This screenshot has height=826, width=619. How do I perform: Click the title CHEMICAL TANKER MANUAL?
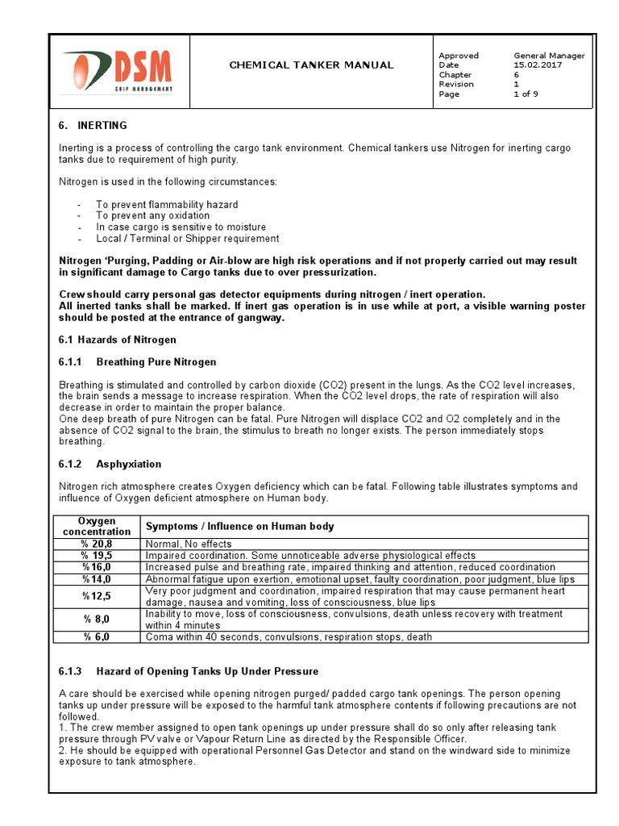(x=311, y=65)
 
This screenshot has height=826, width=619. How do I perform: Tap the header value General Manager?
(x=549, y=56)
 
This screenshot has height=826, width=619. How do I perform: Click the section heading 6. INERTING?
(x=93, y=126)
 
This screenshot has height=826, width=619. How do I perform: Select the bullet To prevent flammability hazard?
(x=167, y=205)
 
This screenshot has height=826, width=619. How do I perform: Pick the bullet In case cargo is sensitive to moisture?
(x=181, y=227)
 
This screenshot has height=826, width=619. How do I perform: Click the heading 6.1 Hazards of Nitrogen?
(x=117, y=340)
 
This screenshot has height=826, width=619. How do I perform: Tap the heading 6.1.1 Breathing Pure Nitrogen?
(x=137, y=361)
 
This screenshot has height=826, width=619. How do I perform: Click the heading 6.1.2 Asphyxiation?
(x=110, y=464)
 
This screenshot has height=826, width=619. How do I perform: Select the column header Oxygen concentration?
(x=97, y=526)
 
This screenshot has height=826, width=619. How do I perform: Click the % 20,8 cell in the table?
(x=97, y=544)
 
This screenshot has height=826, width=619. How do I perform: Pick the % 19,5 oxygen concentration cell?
(x=97, y=556)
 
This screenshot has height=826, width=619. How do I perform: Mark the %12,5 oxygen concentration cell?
(x=97, y=596)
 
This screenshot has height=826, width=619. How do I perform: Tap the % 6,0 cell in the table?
(x=97, y=636)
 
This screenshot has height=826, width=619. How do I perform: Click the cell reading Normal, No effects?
(x=188, y=544)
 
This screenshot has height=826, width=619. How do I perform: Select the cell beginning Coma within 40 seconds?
(x=288, y=636)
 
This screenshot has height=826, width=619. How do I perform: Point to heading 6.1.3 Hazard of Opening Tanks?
(x=189, y=671)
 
